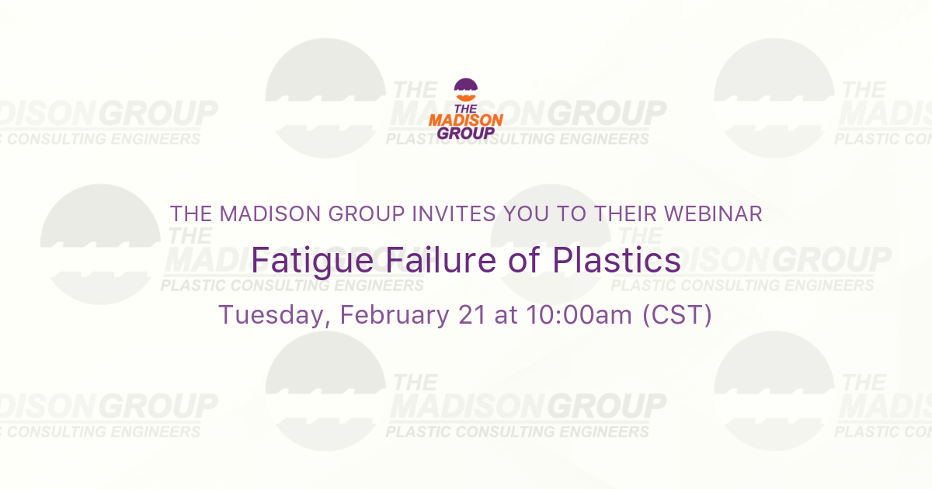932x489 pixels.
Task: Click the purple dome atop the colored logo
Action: pyautogui.click(x=466, y=85)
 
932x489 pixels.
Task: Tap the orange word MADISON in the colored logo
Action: pyautogui.click(x=466, y=120)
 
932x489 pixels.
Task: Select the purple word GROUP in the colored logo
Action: pyautogui.click(x=466, y=133)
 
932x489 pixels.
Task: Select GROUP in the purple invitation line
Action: pyautogui.click(x=354, y=213)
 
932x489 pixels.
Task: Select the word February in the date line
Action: pyautogui.click(x=392, y=316)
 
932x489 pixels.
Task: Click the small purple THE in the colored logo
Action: pyautogui.click(x=466, y=109)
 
